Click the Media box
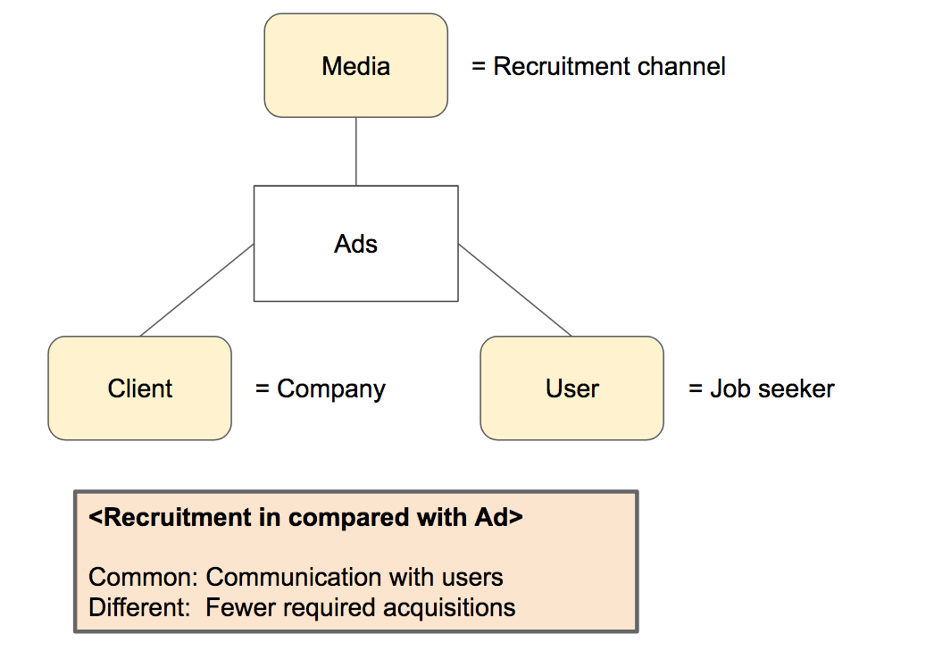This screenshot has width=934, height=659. click(355, 65)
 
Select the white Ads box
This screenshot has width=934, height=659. click(355, 243)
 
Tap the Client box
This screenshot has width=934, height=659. click(139, 388)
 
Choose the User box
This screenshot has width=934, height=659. click(571, 388)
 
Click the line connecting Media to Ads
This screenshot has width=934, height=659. click(356, 151)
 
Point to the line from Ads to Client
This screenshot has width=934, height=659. click(196, 290)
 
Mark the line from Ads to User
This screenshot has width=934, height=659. click(514, 290)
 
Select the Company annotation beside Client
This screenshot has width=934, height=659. click(330, 389)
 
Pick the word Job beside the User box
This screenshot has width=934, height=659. click(727, 389)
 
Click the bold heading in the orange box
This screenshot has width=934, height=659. click(305, 518)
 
